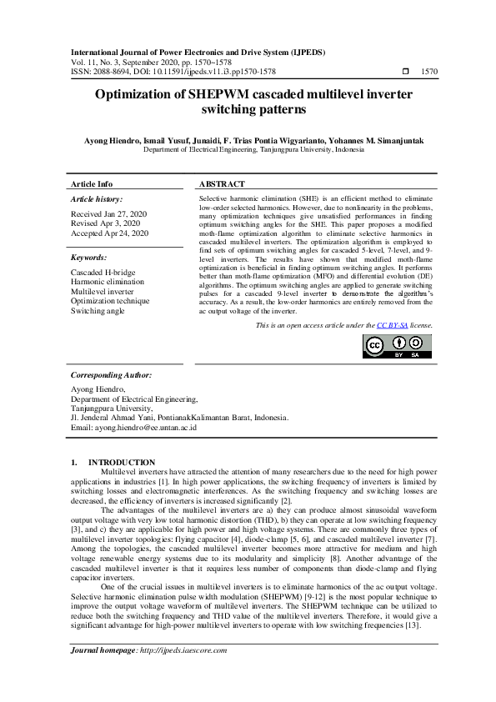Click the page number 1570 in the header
pyautogui.click(x=430, y=73)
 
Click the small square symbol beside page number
pyautogui.click(x=405, y=73)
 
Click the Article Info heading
pyautogui.click(x=92, y=184)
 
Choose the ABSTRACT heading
pyautogui.click(x=222, y=184)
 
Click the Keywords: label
pyautogui.click(x=89, y=258)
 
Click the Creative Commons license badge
pyautogui.click(x=396, y=346)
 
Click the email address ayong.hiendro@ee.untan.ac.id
pyautogui.click(x=133, y=428)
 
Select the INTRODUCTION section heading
pyautogui.click(x=122, y=463)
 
